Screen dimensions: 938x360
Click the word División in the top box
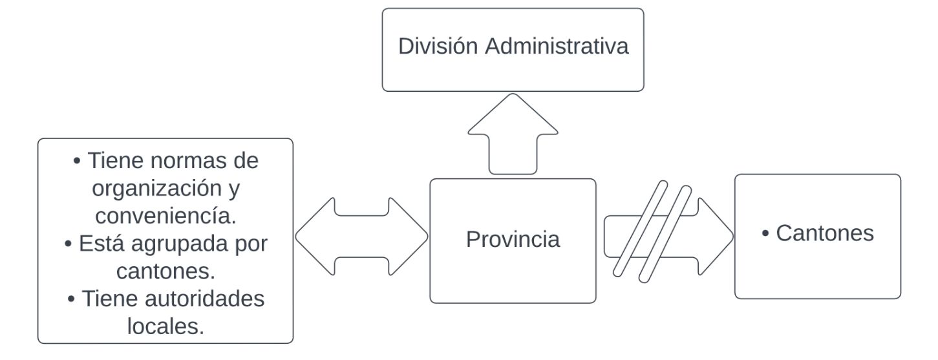tap(438, 46)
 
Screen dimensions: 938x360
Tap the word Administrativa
tap(557, 46)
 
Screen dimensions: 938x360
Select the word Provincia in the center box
tap(513, 239)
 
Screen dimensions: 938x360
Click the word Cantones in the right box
tap(825, 233)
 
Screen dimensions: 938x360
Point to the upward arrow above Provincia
tap(513, 134)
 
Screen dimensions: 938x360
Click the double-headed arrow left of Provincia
tap(361, 237)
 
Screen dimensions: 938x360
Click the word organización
tap(157, 188)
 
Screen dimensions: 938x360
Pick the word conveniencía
tap(166, 216)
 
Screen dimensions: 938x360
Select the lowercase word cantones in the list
tap(166, 271)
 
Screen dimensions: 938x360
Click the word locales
tap(166, 326)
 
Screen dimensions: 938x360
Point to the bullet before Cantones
tap(765, 233)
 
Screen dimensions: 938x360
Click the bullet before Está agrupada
tap(69, 244)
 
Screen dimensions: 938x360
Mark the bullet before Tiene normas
tap(77, 161)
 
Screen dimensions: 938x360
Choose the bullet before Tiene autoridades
tap(71, 299)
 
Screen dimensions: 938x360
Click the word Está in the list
tap(101, 243)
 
